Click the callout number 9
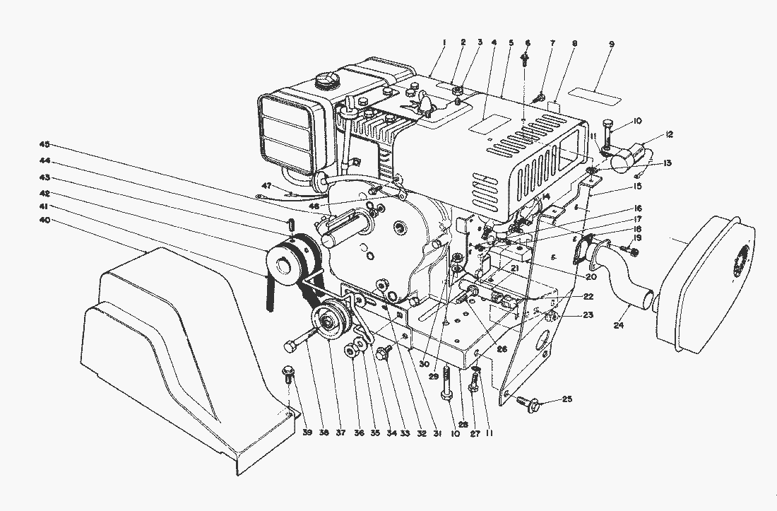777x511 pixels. pos(611,45)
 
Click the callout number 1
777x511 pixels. pos(443,43)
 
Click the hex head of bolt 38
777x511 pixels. pos(290,346)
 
